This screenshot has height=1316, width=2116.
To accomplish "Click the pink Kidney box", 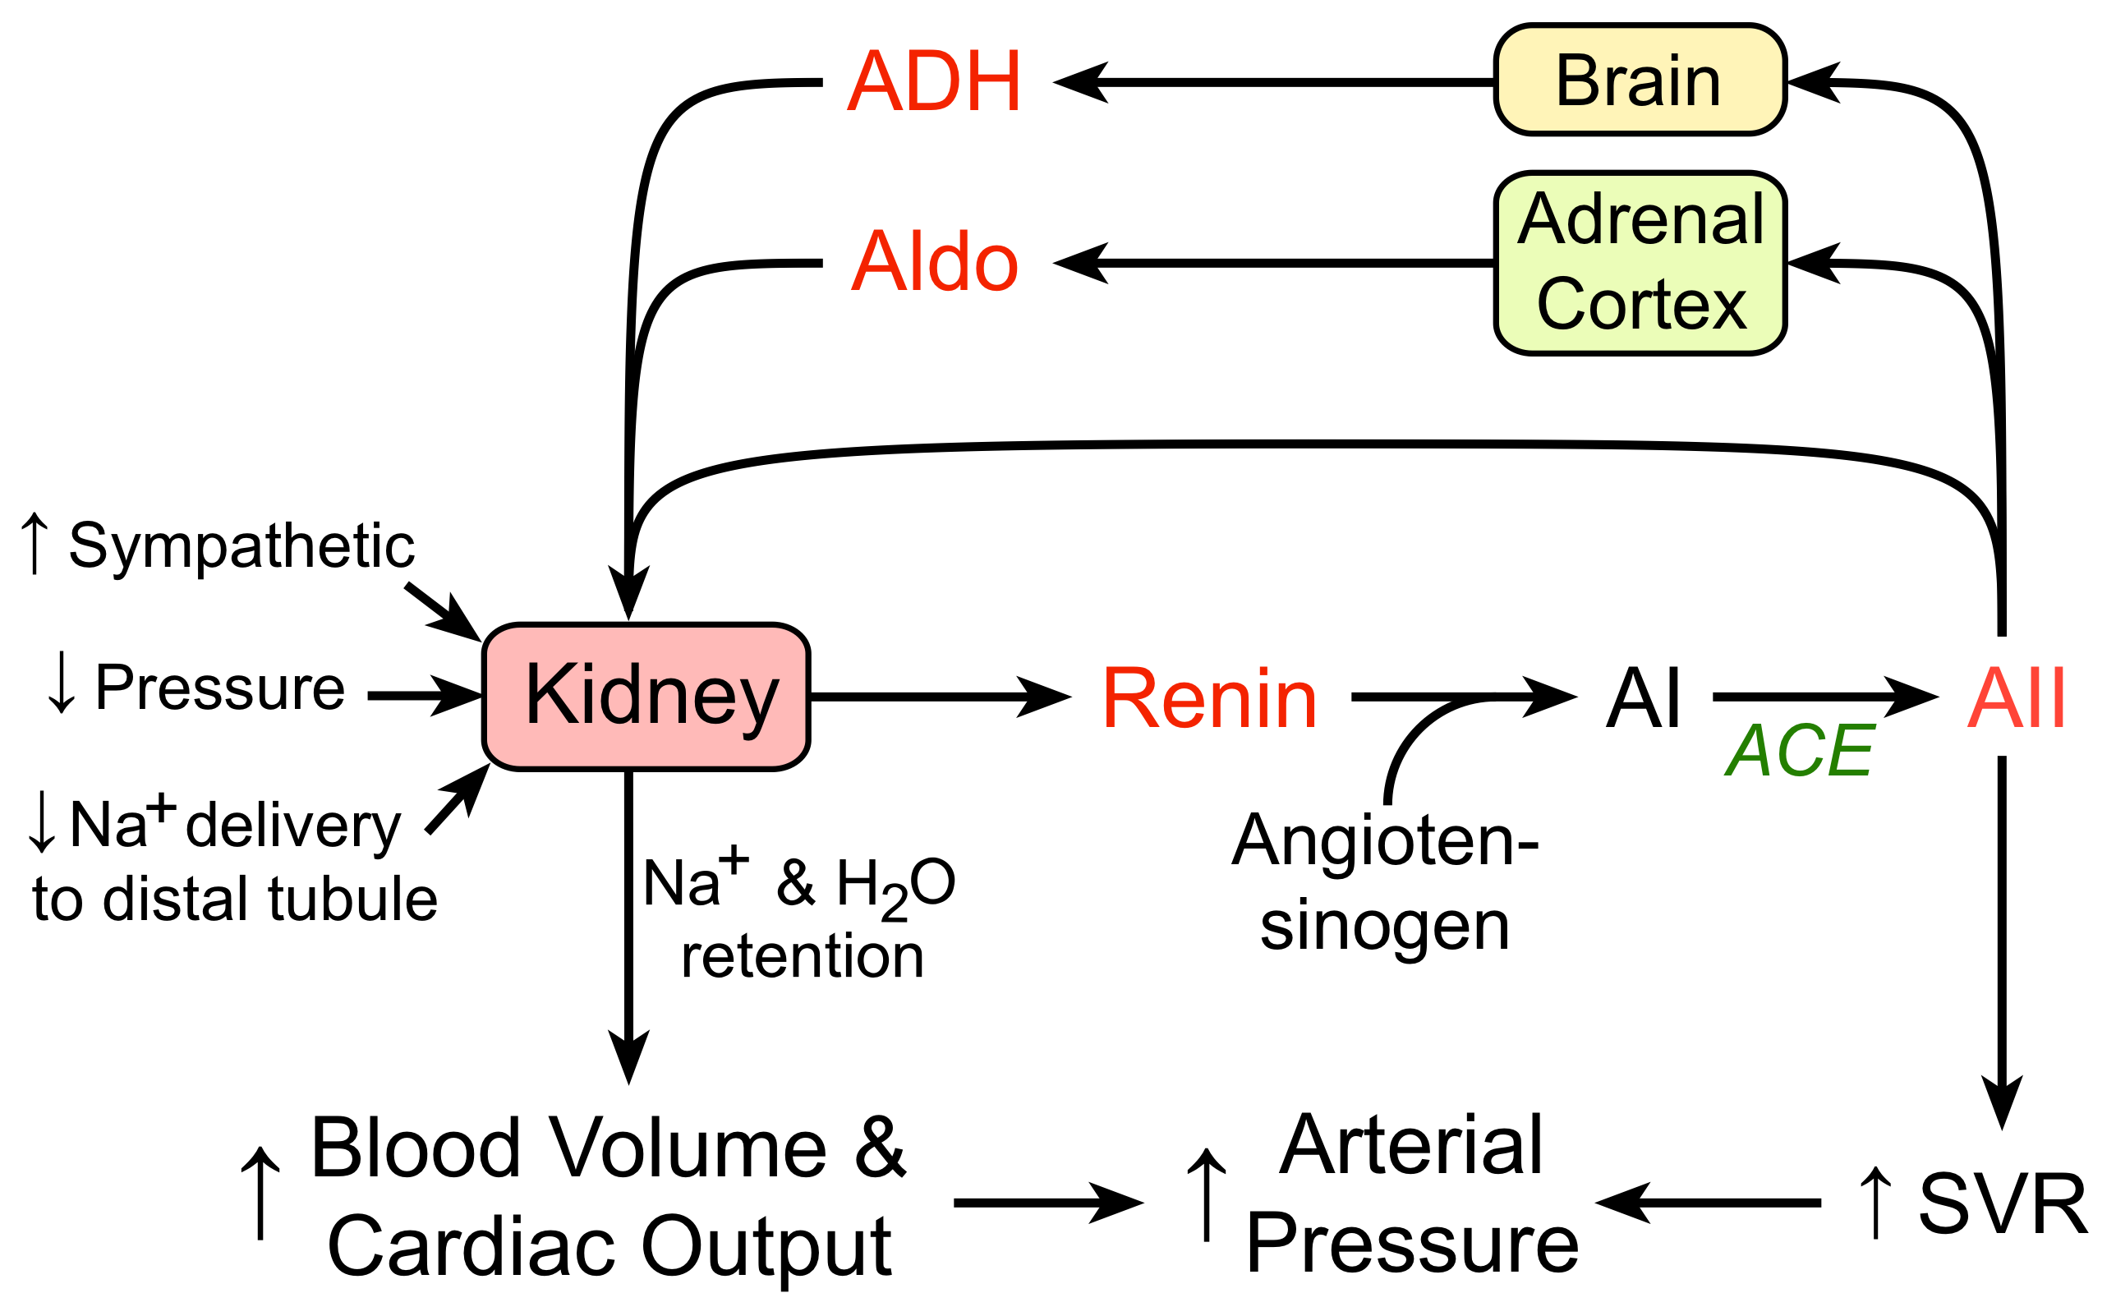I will point(646,697).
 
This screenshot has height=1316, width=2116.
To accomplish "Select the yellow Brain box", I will point(1640,80).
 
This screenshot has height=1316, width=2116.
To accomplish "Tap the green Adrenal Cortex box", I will point(1640,262).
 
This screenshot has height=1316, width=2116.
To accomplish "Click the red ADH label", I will point(934,82).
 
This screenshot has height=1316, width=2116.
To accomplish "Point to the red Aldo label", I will point(934,262).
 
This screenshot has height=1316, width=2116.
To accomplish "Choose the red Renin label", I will point(1209,698).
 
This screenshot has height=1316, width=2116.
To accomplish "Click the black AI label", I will point(1643,698).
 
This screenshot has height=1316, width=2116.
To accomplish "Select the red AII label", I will point(2017,698).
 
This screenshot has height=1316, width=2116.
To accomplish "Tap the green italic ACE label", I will point(1799,750).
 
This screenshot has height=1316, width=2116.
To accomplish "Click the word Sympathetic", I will point(241,546).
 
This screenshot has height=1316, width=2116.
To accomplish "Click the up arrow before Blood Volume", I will point(261,1193).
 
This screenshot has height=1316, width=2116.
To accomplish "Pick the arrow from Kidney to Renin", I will point(940,697).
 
